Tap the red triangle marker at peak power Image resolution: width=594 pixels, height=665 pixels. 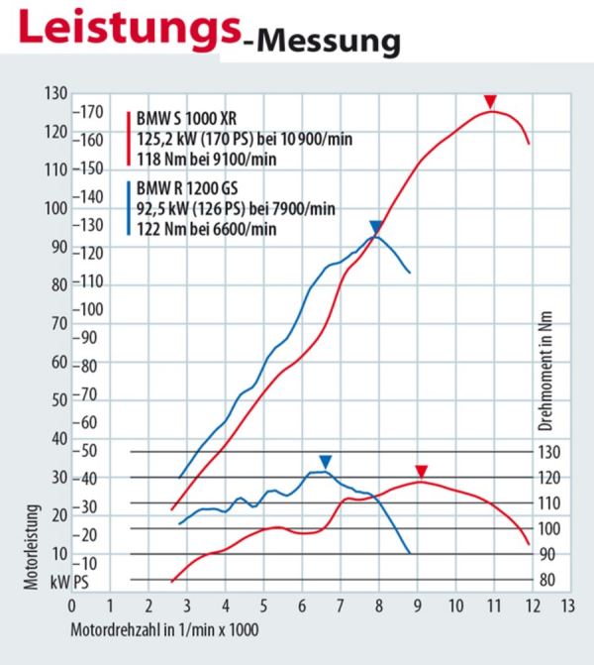(x=489, y=102)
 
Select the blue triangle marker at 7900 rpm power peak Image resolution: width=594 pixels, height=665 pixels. (x=375, y=227)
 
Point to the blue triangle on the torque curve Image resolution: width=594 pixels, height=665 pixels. (x=325, y=462)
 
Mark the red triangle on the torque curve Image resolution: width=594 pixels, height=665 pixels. (x=421, y=471)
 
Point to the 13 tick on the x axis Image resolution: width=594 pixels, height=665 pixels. (x=567, y=604)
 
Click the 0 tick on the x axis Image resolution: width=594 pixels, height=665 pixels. (x=71, y=604)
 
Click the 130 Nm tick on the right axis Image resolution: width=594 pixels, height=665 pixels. (x=548, y=452)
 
